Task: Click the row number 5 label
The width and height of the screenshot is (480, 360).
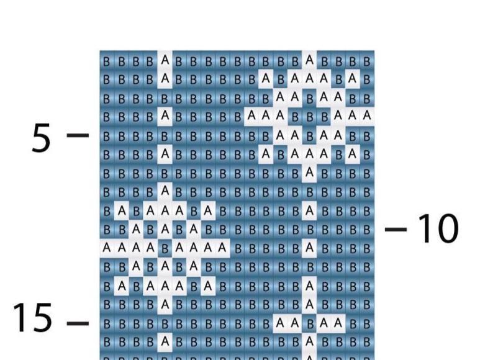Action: tap(41, 138)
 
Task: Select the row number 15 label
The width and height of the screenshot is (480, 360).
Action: tap(32, 318)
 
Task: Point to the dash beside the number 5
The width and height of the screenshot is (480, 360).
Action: tap(78, 135)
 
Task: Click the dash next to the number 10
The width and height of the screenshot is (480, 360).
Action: tap(396, 229)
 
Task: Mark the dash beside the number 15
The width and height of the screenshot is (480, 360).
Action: tap(78, 323)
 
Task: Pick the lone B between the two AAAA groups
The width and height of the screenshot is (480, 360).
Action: tap(165, 248)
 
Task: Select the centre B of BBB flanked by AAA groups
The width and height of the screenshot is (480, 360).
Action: tap(309, 117)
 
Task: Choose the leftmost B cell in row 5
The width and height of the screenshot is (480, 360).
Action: tap(107, 135)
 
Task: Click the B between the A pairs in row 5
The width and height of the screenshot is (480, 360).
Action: tap(309, 135)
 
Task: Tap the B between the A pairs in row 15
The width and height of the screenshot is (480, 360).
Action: tap(309, 323)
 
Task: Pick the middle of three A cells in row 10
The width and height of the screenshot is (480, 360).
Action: tap(165, 230)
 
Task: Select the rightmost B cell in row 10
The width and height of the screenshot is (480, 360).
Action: tap(367, 230)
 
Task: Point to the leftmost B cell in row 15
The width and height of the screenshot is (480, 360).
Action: tap(107, 323)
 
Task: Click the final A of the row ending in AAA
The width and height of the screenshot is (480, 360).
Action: tap(367, 116)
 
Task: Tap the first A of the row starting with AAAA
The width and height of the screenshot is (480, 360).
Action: tap(107, 248)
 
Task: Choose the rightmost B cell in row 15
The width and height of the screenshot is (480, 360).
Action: tap(367, 323)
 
